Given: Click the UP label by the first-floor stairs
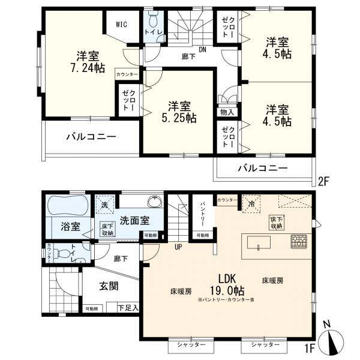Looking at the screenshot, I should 178,246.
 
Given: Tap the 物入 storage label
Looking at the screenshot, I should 227,112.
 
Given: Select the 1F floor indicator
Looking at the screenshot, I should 310,347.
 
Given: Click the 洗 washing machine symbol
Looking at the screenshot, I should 106,205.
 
